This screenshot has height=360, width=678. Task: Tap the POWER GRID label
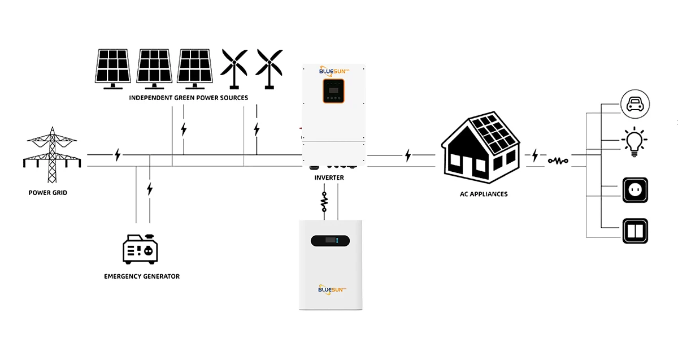click(x=48, y=193)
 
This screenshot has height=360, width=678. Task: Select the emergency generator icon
click(x=140, y=249)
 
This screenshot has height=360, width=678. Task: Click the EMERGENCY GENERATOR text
click(x=142, y=276)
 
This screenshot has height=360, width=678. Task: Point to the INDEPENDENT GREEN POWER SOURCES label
click(x=188, y=98)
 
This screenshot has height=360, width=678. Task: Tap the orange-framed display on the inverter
click(x=333, y=90)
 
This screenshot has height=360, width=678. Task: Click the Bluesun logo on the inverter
click(x=333, y=71)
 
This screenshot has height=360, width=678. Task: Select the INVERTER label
click(x=329, y=177)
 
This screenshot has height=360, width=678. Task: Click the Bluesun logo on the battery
click(x=332, y=289)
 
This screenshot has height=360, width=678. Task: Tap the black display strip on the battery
click(x=331, y=241)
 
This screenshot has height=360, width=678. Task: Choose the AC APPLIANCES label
click(x=484, y=194)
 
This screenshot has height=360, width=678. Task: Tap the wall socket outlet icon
click(x=635, y=190)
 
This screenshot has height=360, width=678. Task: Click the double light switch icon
click(x=635, y=231)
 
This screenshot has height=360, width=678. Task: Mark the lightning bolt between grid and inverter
click(x=118, y=154)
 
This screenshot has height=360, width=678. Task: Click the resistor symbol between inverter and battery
click(x=324, y=202)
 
